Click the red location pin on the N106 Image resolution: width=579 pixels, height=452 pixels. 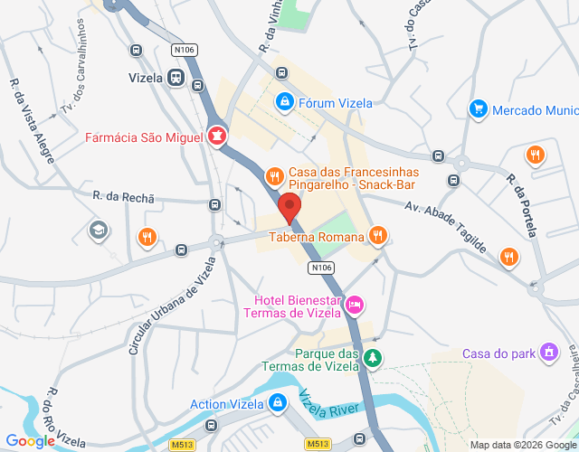289,207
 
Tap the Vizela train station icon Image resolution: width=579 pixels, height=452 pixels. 174,78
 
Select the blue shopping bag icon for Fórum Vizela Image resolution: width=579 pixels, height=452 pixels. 285,102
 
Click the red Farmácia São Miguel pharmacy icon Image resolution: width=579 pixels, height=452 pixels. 216,137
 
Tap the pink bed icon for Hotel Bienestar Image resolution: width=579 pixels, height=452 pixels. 356,306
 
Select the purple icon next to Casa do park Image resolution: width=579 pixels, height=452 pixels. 548,352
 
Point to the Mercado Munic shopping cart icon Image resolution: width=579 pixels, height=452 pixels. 478,109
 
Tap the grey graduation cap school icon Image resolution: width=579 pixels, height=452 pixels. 97,231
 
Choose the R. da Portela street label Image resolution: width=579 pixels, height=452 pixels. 523,204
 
